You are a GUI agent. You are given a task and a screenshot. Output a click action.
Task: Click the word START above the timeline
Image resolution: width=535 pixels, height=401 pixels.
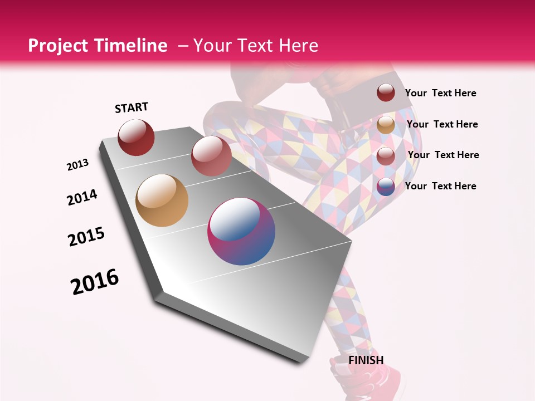tap(132, 107)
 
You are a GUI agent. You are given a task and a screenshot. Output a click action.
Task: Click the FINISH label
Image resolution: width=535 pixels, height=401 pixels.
tap(366, 360)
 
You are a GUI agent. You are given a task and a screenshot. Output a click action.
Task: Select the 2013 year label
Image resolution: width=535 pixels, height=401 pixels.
tap(77, 165)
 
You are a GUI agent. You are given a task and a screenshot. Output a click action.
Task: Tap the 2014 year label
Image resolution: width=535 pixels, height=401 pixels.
tap(82, 197)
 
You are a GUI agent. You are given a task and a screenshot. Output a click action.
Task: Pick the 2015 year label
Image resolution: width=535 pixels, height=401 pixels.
tap(86, 237)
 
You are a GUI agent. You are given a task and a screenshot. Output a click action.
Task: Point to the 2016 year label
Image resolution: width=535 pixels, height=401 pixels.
tap(95, 282)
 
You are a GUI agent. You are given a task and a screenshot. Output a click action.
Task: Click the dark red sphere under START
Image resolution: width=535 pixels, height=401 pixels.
tap(136, 137)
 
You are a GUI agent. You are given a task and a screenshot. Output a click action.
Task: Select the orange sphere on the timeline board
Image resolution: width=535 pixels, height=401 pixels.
tap(162, 200)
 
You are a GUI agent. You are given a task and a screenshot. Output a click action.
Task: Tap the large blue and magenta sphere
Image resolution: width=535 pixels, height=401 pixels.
tap(241, 231)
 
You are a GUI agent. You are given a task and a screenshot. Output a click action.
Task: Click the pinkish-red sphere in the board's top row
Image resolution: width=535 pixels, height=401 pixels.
tap(211, 156)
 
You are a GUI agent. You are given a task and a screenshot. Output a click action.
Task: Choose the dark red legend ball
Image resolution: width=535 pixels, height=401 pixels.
tap(386, 92)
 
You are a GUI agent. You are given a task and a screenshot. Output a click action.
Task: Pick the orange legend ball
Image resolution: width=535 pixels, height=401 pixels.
tap(386, 125)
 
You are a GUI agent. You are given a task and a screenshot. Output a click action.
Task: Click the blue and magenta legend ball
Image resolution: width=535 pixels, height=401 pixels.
tap(386, 187)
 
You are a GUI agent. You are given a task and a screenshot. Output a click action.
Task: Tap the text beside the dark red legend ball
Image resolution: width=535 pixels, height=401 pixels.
tap(440, 93)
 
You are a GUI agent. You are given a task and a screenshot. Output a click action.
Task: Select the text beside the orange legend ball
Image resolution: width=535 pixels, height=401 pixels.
tap(442, 124)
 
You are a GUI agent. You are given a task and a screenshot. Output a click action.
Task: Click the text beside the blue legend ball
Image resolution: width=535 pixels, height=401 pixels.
tap(440, 186)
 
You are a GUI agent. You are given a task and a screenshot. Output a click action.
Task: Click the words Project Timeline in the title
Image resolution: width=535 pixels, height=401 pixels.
tap(98, 46)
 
